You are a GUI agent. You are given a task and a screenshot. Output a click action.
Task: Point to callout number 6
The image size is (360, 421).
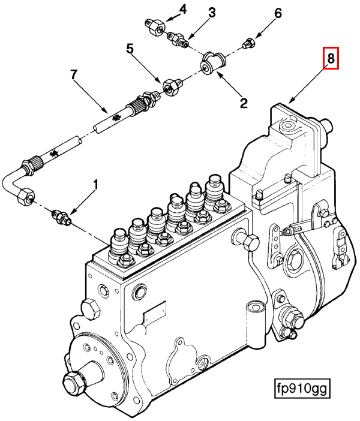click(x=277, y=13)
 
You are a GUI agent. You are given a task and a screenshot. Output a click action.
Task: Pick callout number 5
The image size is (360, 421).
click(x=130, y=49)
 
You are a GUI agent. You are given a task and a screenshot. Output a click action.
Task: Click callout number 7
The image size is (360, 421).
click(x=74, y=74)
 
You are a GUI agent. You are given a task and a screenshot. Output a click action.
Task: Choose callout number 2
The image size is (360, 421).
click(x=244, y=103)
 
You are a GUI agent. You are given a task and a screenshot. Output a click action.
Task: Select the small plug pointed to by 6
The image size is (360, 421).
click(x=248, y=43)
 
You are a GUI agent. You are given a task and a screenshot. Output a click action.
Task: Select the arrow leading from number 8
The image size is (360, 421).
click(x=307, y=85)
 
